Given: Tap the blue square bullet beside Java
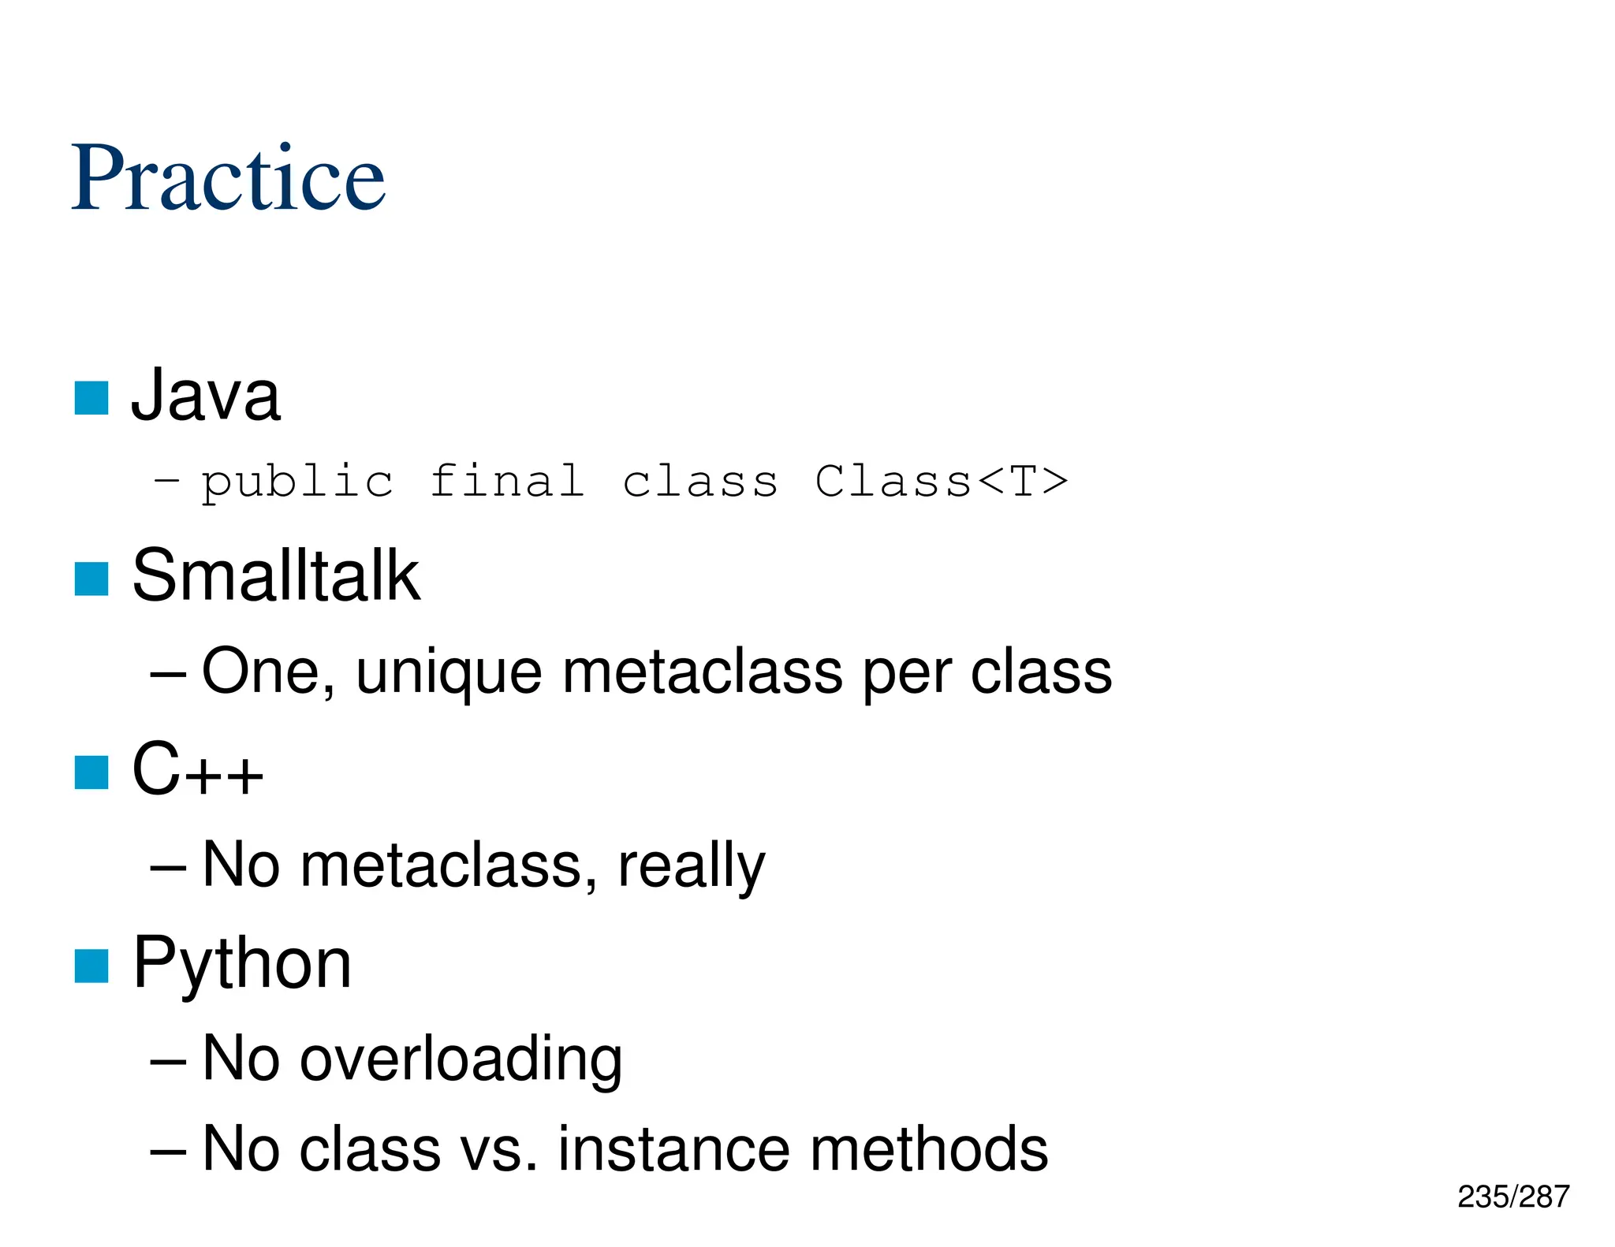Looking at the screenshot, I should [x=91, y=398].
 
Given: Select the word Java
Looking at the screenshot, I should [x=205, y=396].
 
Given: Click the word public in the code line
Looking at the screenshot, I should [x=297, y=482].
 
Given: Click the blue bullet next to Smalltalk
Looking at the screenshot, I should [x=91, y=579].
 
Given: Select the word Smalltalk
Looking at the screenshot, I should [x=276, y=576].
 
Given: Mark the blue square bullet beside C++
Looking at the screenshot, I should [x=91, y=772].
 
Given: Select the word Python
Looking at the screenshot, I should [x=242, y=964].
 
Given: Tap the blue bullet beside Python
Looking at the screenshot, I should [x=91, y=966].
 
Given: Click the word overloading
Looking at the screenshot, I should [x=461, y=1059].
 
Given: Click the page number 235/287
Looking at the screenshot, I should [x=1512, y=1197].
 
